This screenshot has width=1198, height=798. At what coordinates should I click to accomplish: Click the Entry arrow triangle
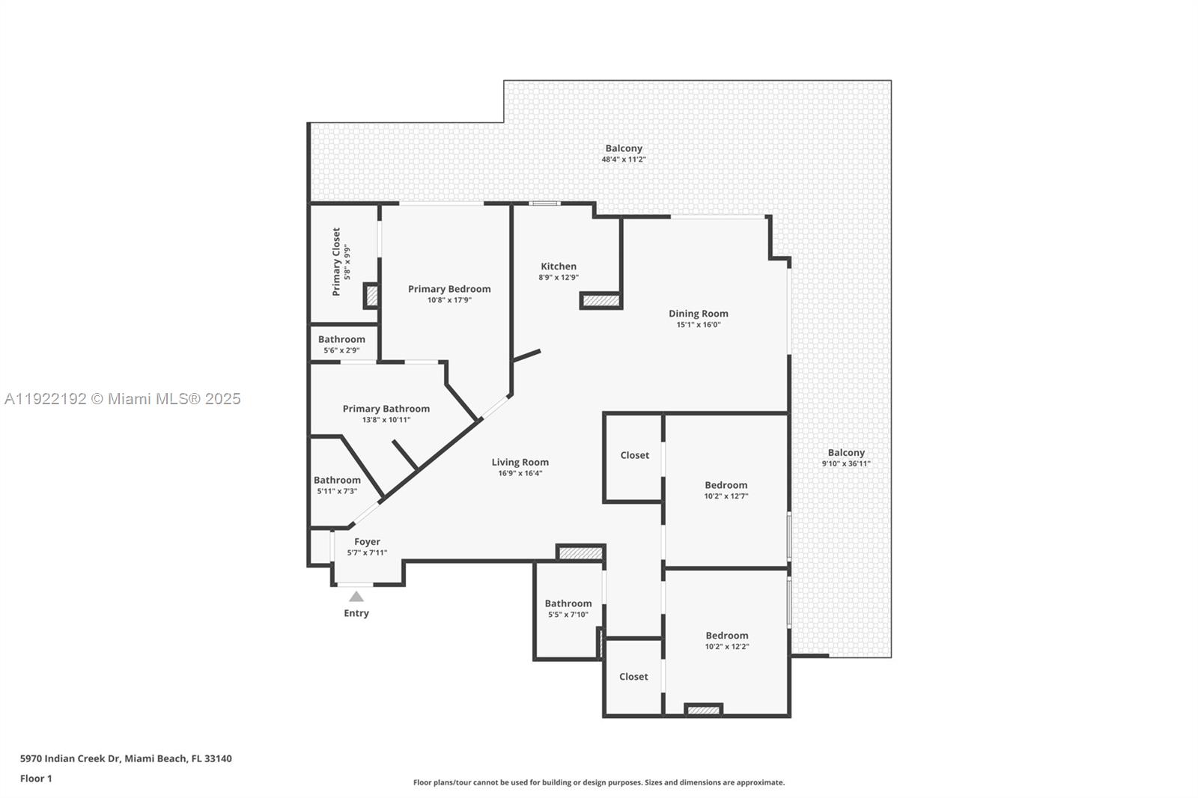[x=356, y=597]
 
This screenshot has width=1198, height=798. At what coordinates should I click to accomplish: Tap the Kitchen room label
[x=559, y=266]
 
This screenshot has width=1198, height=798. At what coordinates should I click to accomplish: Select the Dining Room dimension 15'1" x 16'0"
[x=698, y=325]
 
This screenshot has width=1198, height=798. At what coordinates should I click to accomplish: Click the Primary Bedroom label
[x=449, y=289]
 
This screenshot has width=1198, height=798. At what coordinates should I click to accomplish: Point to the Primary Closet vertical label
[x=336, y=262]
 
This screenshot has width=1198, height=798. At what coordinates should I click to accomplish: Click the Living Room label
[x=520, y=463]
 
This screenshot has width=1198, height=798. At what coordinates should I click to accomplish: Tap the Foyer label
[x=367, y=542]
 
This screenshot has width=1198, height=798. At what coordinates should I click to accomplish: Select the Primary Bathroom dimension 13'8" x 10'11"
[x=386, y=420]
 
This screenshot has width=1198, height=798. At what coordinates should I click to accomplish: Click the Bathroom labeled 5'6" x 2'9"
[x=341, y=339]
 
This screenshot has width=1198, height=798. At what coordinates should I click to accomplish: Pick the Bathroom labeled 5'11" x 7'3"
[x=337, y=481]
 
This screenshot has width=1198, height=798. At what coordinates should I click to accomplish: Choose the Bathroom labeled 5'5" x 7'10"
[x=568, y=603]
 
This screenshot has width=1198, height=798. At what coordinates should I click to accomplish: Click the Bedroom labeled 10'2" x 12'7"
[x=726, y=485]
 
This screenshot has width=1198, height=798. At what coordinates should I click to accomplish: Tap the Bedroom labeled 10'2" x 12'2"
[x=726, y=636]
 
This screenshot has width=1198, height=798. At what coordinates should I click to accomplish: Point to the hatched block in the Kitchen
[x=601, y=301]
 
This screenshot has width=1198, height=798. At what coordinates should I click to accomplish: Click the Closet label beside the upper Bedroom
[x=634, y=455]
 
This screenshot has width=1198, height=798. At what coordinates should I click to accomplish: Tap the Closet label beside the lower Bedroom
[x=633, y=677]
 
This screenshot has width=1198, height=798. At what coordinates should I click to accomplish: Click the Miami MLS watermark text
[x=122, y=399]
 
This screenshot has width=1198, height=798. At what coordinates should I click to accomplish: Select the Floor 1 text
[x=36, y=779]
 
